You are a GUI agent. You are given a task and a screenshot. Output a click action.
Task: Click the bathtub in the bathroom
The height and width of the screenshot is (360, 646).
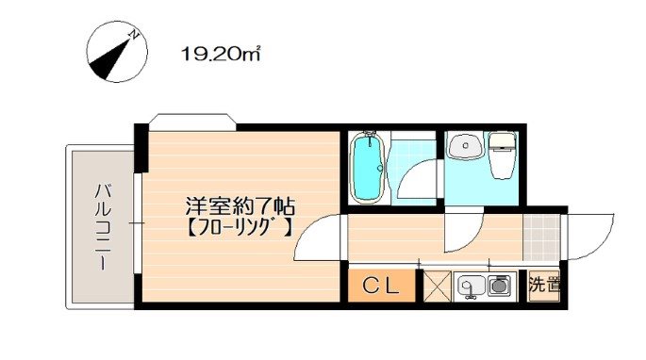pyautogui.click(x=367, y=167)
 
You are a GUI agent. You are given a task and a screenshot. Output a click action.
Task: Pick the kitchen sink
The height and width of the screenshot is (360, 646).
pyautogui.click(x=469, y=284)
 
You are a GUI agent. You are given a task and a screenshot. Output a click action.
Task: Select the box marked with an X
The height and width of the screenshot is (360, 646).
pyautogui.click(x=437, y=286)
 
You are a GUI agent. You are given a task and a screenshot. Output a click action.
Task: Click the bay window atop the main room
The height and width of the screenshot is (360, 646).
pyautogui.click(x=193, y=120)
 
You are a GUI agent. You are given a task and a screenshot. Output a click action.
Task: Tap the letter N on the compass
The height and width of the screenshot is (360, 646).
pyautogui.click(x=135, y=36)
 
